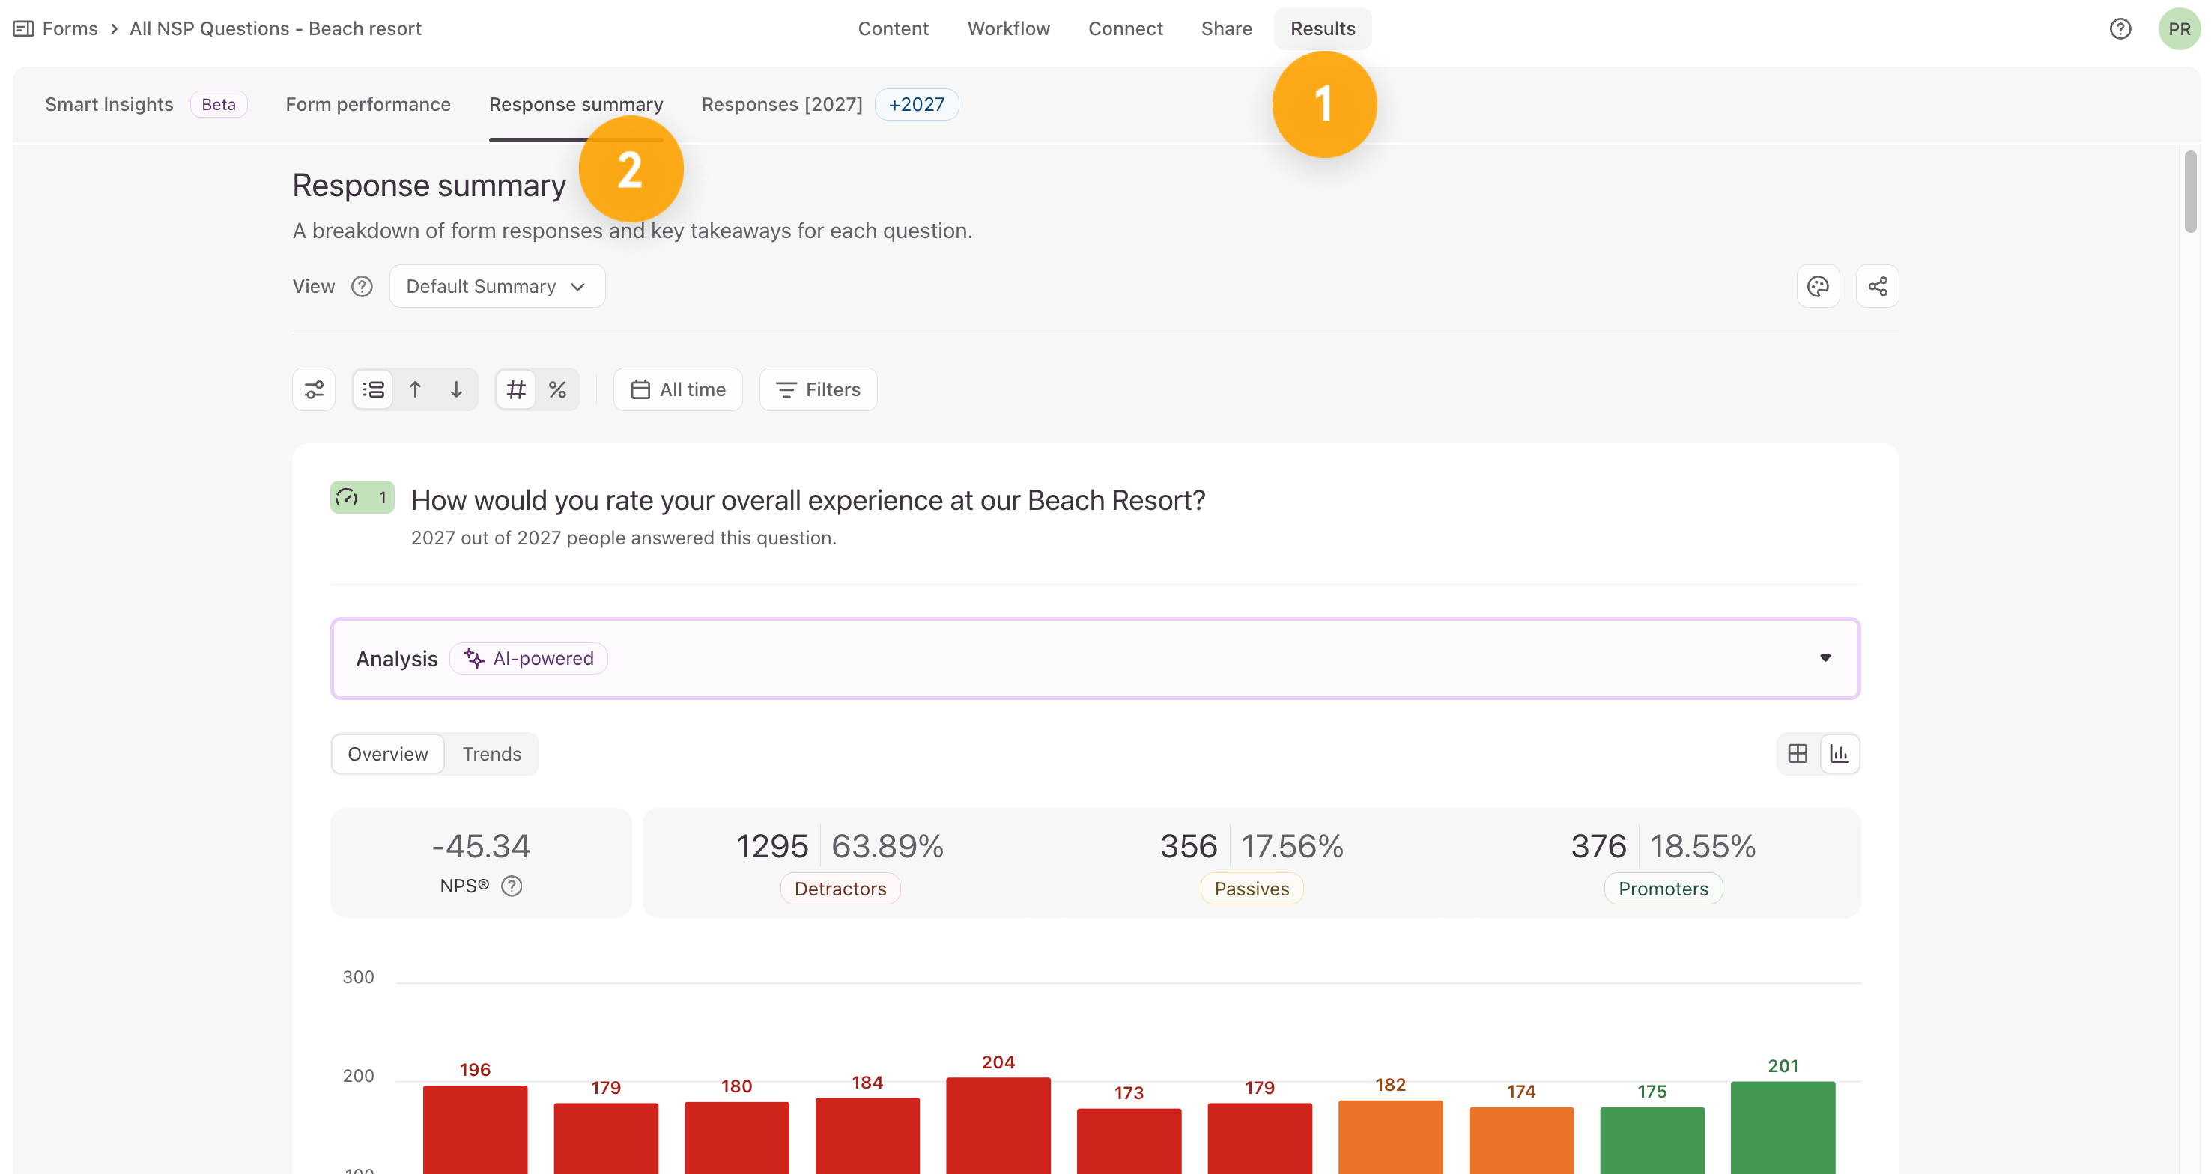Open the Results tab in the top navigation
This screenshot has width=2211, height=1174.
(1323, 28)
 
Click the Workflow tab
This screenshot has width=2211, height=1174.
(1009, 28)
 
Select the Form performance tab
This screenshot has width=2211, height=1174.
(368, 104)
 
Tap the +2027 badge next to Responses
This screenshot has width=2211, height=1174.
(917, 104)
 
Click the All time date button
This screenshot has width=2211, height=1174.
(678, 389)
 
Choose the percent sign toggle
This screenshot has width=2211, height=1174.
(558, 389)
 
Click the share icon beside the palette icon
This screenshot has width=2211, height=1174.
(1877, 286)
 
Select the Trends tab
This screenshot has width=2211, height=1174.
(492, 753)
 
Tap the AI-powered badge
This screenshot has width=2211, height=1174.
(529, 658)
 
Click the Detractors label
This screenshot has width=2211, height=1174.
(840, 888)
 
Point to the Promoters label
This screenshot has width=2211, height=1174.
(1663, 888)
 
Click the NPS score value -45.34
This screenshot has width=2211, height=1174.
(481, 846)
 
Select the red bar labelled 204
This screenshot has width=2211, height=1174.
(998, 1125)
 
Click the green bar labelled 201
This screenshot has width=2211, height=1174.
(1783, 1127)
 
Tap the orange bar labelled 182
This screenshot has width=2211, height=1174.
(1390, 1137)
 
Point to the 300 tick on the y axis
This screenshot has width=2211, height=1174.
(358, 976)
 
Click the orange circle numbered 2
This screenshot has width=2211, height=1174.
(631, 169)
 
